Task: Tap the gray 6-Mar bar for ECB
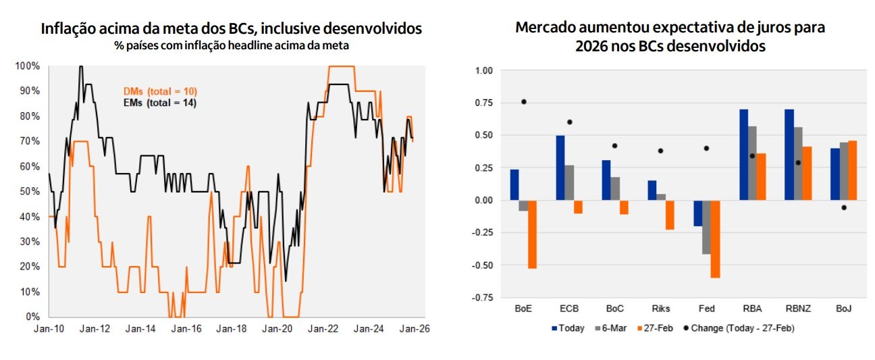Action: point(569,182)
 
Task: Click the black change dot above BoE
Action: point(523,102)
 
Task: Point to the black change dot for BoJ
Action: point(843,207)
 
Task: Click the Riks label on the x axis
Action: point(661,309)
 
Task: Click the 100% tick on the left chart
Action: point(28,66)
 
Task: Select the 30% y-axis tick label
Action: point(30,242)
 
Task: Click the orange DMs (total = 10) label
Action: point(160,91)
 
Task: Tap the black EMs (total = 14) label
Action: point(159,103)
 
